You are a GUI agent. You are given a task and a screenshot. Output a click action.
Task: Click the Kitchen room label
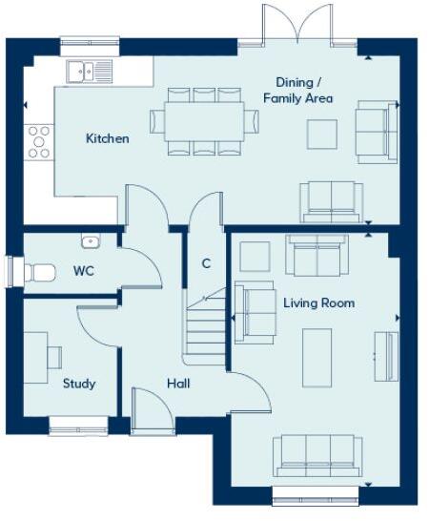(107, 139)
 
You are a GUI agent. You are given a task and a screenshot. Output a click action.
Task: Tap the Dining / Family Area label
(304, 90)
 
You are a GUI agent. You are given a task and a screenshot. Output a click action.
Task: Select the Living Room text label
(318, 303)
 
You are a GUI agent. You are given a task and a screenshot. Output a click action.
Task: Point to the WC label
(84, 271)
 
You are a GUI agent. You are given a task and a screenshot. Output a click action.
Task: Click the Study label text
(79, 384)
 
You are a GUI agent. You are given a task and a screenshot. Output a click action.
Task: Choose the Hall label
(178, 384)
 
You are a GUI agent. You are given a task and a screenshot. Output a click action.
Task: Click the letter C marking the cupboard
(205, 263)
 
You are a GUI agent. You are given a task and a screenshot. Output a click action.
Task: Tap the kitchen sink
(90, 70)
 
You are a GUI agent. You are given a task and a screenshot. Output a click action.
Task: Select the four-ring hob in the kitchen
(39, 141)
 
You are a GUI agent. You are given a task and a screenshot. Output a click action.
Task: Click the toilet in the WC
(36, 272)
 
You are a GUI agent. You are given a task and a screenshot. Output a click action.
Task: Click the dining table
(204, 120)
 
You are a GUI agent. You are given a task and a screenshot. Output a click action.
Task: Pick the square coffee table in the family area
(321, 134)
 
